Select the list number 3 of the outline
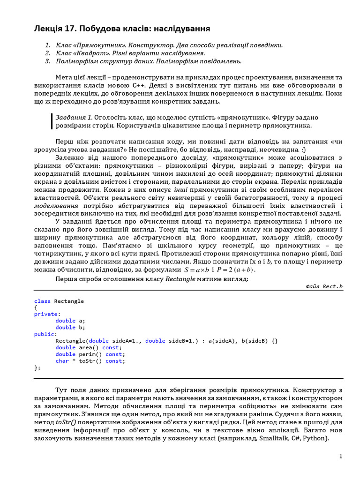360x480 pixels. [x=47, y=61]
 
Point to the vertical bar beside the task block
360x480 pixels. [x=52, y=121]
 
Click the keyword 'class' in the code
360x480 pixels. [x=43, y=301]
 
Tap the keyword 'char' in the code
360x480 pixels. [x=62, y=361]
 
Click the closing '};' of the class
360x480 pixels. [x=37, y=367]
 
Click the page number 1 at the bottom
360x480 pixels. [x=341, y=456]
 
